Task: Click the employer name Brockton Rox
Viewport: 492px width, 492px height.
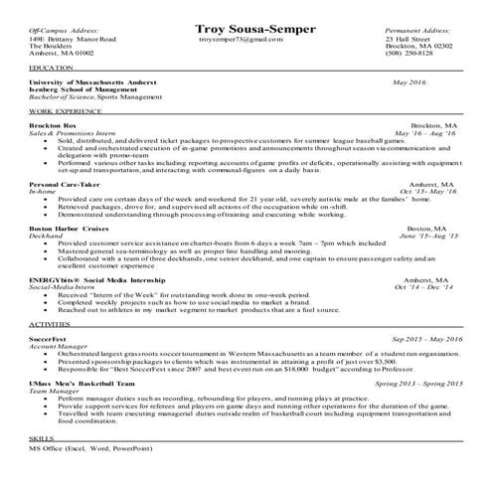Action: point(52,126)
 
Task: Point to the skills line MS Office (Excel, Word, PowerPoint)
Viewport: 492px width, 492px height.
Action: point(82,449)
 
